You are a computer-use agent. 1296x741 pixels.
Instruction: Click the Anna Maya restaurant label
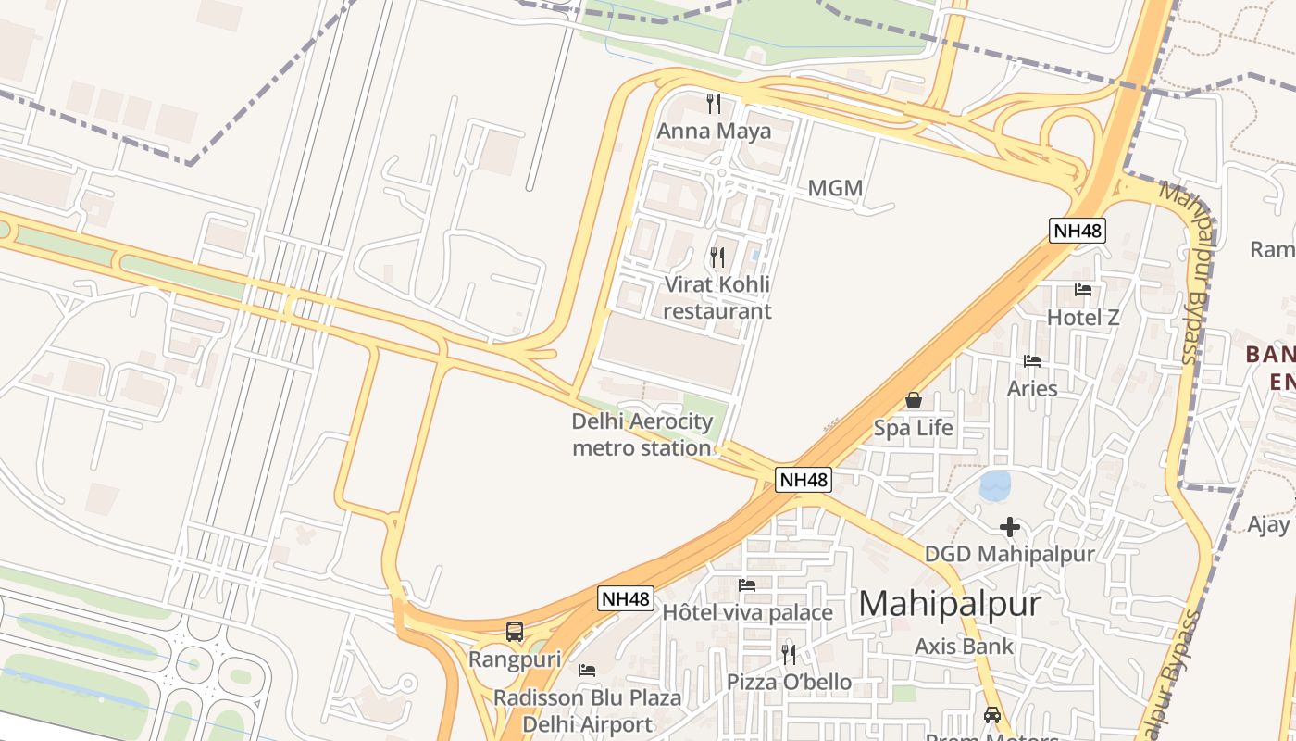coord(714,131)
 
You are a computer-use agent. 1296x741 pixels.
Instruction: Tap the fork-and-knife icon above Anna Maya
coord(714,103)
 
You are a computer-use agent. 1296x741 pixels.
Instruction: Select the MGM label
coord(835,189)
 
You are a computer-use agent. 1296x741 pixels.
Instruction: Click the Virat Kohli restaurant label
coord(717,297)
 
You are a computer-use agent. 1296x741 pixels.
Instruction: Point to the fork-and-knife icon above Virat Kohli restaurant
coord(717,257)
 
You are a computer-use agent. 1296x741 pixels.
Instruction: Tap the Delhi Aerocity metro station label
coord(642,435)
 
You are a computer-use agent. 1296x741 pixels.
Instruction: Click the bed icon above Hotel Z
coord(1083,290)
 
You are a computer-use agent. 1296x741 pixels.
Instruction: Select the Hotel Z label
coord(1083,318)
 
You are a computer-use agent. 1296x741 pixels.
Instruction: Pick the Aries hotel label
coord(1032,388)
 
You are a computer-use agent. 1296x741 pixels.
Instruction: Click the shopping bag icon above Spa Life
coord(914,400)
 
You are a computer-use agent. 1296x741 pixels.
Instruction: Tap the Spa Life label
coord(914,428)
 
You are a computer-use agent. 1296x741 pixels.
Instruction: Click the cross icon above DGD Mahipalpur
coord(1010,527)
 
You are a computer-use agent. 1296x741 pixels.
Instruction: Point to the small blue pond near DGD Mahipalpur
coord(995,485)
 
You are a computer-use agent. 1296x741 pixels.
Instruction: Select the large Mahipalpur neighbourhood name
coord(950,604)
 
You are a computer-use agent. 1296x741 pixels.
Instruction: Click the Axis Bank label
coord(964,647)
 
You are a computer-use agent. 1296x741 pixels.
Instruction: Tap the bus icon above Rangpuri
coord(515,632)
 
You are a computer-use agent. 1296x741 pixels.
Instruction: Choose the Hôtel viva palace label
coord(747,612)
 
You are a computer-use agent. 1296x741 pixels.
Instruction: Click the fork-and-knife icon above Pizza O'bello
coord(789,654)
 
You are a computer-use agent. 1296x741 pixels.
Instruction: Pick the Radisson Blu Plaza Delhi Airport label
coord(588,710)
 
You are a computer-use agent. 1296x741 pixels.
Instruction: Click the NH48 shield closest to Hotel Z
coord(1078,231)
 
